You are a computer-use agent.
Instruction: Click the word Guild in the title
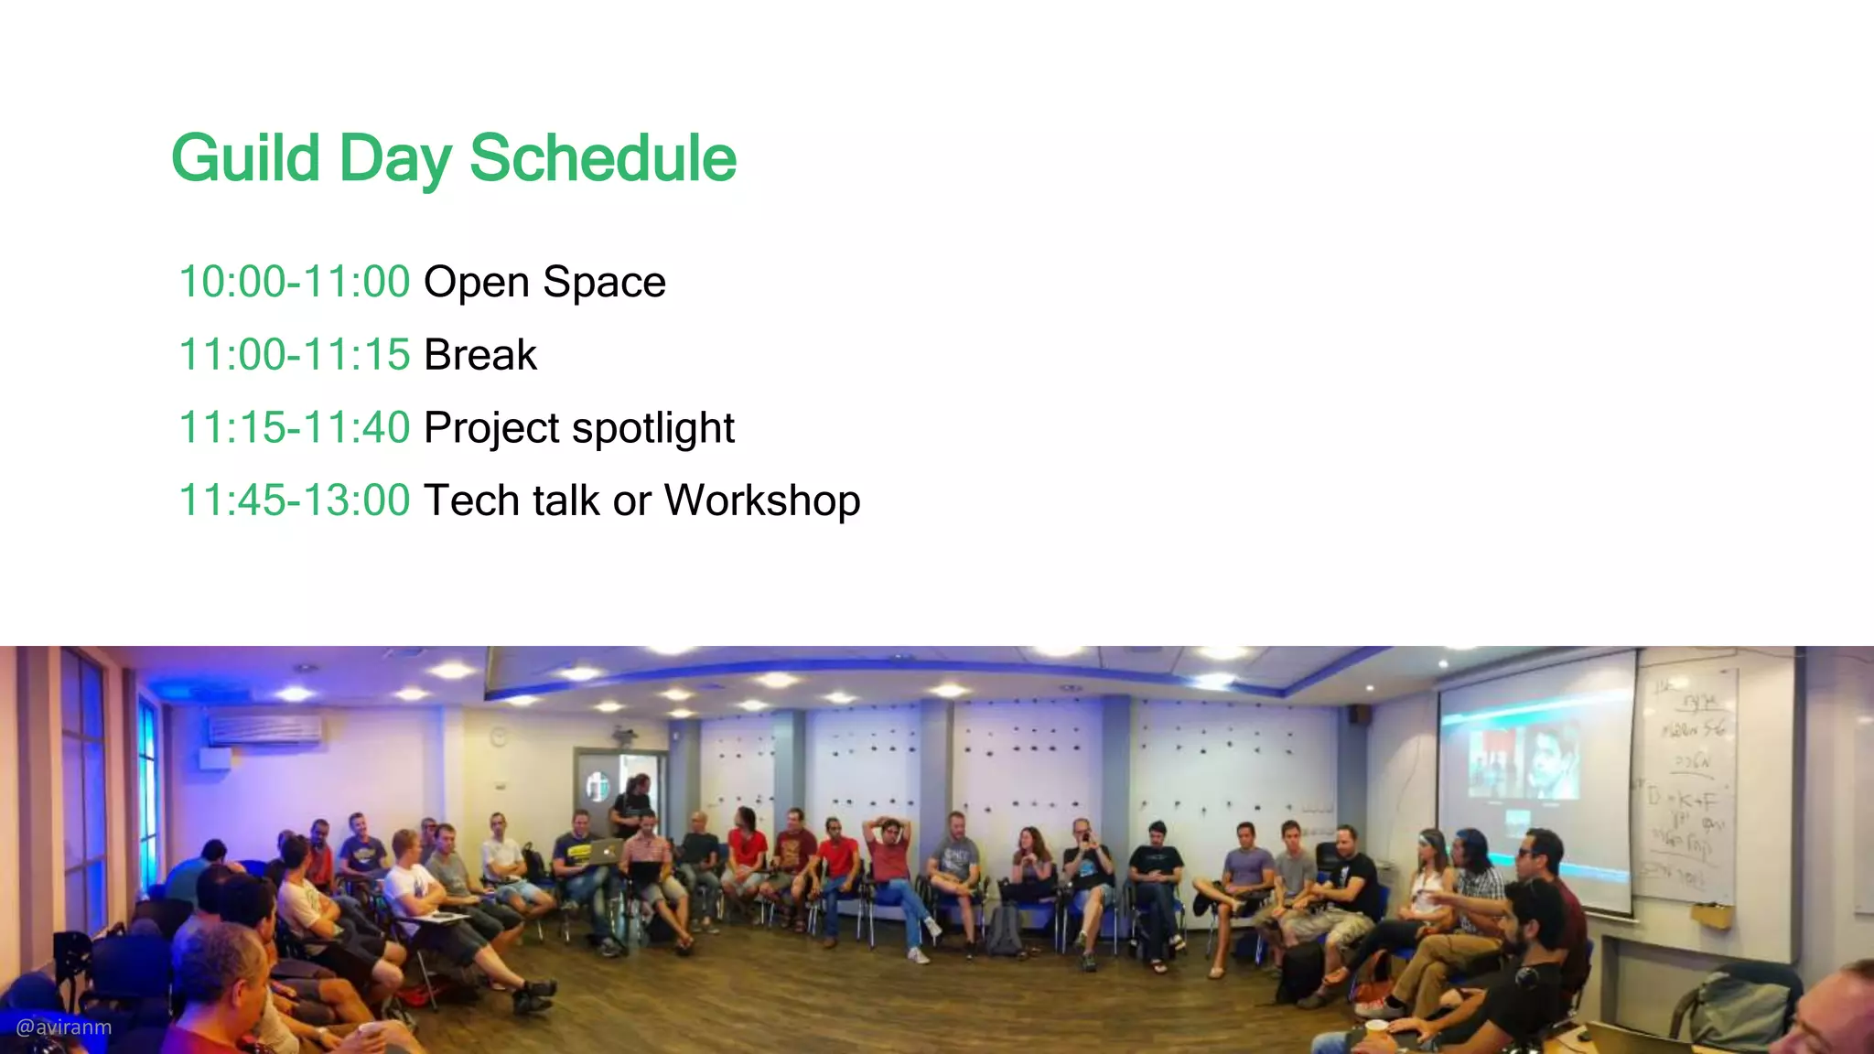pyautogui.click(x=245, y=159)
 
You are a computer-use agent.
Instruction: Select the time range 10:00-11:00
pyautogui.click(x=294, y=282)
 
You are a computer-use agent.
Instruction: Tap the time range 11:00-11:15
pyautogui.click(x=294, y=355)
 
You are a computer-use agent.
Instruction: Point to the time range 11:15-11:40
pyautogui.click(x=294, y=428)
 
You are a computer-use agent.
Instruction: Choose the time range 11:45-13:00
pyautogui.click(x=294, y=501)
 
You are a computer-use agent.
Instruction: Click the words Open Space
pyautogui.click(x=544, y=282)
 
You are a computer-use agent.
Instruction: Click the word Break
pyautogui.click(x=479, y=355)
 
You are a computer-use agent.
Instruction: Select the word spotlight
pyautogui.click(x=652, y=428)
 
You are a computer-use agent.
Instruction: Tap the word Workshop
pyautogui.click(x=762, y=501)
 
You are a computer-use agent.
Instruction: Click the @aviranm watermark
pyautogui.click(x=64, y=1027)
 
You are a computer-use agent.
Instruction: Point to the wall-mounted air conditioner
pyautogui.click(x=265, y=730)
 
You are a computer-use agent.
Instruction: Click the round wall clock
pyautogui.click(x=499, y=735)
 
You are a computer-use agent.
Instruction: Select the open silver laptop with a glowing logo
pyautogui.click(x=603, y=852)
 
